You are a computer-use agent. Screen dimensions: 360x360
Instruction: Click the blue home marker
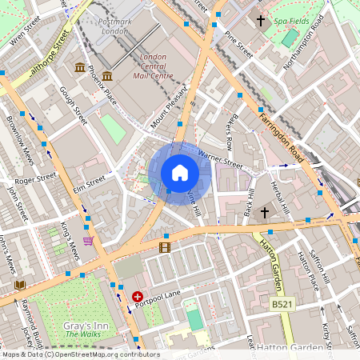(x=180, y=173)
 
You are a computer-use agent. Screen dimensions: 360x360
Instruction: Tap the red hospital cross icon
(x=137, y=296)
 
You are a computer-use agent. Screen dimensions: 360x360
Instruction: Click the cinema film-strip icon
(x=165, y=247)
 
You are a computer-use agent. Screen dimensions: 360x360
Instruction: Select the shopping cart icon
(x=88, y=240)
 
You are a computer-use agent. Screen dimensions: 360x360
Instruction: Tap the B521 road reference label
(x=281, y=304)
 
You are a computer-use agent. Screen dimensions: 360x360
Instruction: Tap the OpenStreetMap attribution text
(x=80, y=354)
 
